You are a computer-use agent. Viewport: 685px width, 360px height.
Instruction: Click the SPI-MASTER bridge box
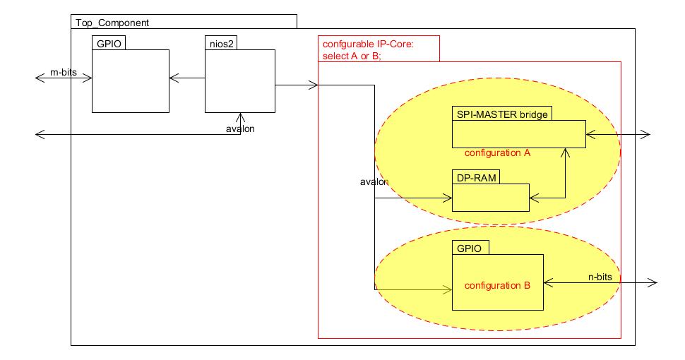click(518, 133)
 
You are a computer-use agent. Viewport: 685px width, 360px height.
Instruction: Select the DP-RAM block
click(490, 197)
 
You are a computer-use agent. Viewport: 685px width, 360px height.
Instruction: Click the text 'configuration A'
click(497, 152)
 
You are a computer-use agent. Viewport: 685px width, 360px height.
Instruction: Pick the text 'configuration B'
click(497, 285)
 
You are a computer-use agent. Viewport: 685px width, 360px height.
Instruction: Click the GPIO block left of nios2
click(131, 80)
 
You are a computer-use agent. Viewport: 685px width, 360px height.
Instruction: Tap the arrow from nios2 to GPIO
click(187, 78)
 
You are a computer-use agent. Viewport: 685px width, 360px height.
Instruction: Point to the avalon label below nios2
click(240, 128)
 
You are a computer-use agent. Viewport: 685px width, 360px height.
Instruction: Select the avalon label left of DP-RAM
click(374, 181)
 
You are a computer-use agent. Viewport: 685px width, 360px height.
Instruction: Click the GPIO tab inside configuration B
click(470, 248)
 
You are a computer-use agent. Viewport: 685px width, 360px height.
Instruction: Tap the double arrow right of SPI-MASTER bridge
click(618, 134)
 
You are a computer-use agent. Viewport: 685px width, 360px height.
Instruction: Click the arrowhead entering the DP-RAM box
click(448, 198)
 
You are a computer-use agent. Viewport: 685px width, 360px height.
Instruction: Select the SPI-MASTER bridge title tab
click(501, 114)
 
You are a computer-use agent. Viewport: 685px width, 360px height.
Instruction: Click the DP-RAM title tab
click(475, 177)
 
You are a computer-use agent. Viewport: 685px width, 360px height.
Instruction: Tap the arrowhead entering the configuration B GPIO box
click(448, 289)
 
